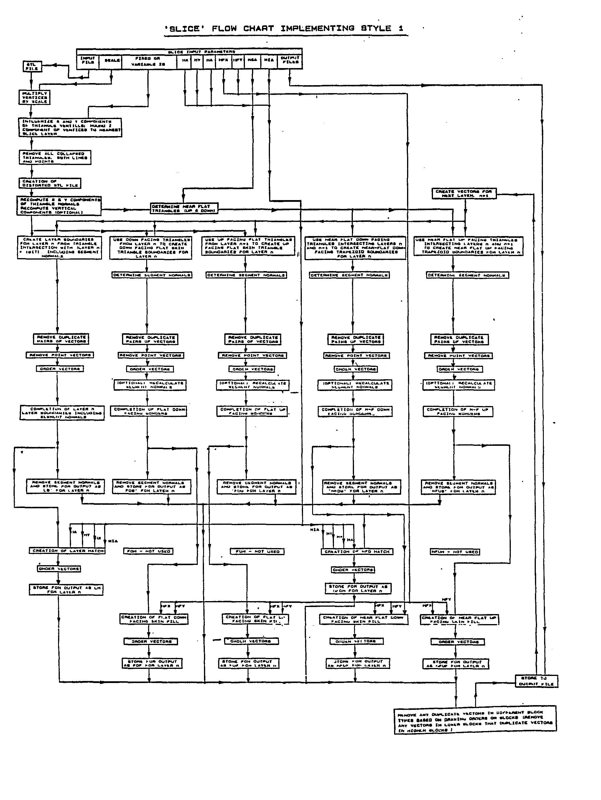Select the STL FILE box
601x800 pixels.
[x=32, y=66]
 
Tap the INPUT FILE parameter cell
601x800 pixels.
[x=87, y=60]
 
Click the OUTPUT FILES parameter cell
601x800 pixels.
[x=290, y=60]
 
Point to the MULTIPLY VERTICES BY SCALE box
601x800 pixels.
[x=34, y=97]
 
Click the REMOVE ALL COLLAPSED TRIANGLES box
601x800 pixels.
[x=55, y=157]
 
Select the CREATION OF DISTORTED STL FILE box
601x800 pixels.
[x=50, y=183]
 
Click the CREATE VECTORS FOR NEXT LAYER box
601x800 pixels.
[x=464, y=194]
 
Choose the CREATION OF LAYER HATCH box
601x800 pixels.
[x=67, y=550]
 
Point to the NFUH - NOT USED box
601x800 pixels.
[x=455, y=552]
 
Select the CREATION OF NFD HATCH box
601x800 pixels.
[x=357, y=552]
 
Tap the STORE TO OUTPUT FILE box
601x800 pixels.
[x=536, y=681]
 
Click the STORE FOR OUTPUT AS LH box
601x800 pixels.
[x=66, y=590]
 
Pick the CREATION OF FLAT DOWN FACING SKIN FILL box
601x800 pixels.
[x=154, y=619]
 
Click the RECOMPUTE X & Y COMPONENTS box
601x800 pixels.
[x=59, y=206]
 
